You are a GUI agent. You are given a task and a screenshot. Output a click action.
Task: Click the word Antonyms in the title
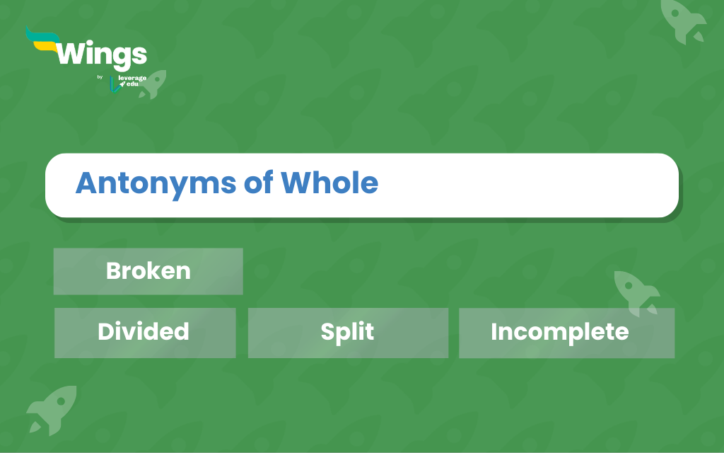pyautogui.click(x=156, y=184)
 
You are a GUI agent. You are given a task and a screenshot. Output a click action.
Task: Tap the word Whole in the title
pyautogui.click(x=329, y=182)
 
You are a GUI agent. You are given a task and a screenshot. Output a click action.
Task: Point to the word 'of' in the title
pyautogui.click(x=259, y=182)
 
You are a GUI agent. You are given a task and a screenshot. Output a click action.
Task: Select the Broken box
pyautogui.click(x=148, y=271)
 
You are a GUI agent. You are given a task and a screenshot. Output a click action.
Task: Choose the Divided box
pyautogui.click(x=145, y=333)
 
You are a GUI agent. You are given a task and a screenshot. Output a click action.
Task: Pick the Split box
pyautogui.click(x=348, y=333)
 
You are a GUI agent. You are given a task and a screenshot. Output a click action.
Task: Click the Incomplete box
pyautogui.click(x=566, y=333)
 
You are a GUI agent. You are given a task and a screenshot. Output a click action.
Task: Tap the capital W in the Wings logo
pyautogui.click(x=73, y=53)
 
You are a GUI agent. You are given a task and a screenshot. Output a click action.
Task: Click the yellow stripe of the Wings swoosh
pyautogui.click(x=45, y=45)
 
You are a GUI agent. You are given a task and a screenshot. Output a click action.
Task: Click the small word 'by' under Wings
pyautogui.click(x=100, y=76)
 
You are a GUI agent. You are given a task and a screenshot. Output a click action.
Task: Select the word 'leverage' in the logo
pyautogui.click(x=132, y=78)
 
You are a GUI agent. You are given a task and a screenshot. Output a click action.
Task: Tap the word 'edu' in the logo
pyautogui.click(x=132, y=84)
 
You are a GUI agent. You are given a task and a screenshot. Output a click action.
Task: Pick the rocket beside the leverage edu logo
pyautogui.click(x=153, y=84)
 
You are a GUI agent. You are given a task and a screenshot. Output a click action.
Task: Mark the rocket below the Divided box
pyautogui.click(x=52, y=410)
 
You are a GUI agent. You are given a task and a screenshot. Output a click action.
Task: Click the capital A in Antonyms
pyautogui.click(x=87, y=183)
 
